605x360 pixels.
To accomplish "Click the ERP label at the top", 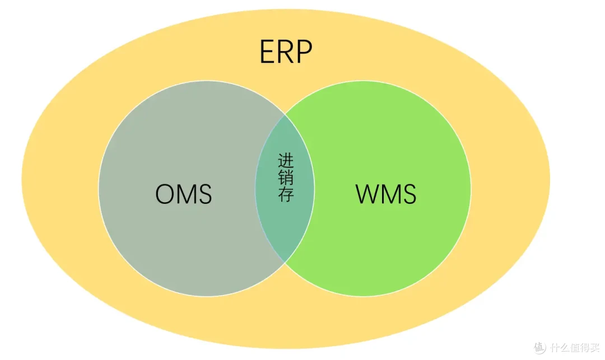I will (x=285, y=52).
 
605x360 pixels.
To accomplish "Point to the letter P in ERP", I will (x=303, y=52).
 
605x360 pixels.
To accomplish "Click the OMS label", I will (x=183, y=194).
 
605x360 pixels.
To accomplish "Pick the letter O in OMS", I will (x=165, y=194).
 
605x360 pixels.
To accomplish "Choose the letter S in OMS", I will (x=204, y=194).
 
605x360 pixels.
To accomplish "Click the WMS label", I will (x=386, y=194).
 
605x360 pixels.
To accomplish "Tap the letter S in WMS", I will (x=408, y=194).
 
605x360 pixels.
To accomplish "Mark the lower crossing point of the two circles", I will (x=285, y=262).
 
